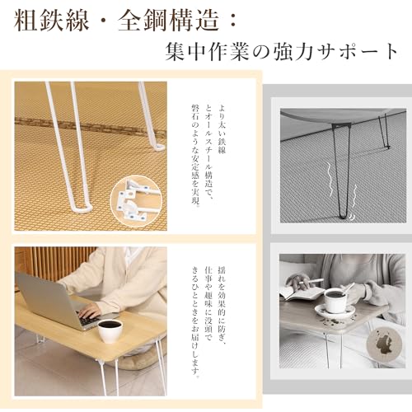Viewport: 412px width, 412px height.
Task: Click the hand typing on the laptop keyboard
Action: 87,311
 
